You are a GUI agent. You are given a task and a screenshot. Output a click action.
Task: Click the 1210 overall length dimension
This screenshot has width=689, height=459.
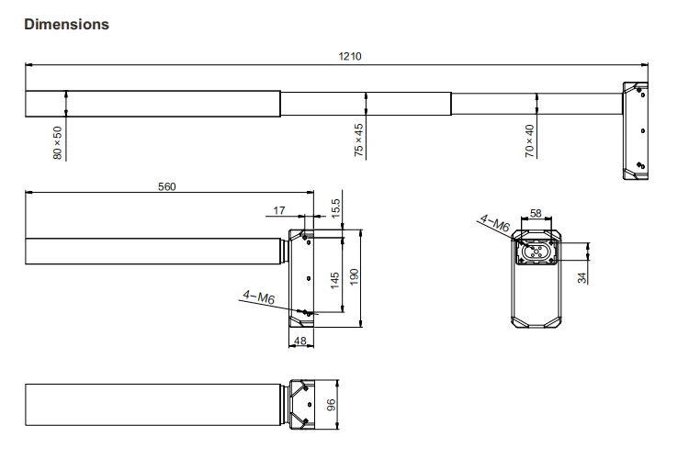pos(350,57)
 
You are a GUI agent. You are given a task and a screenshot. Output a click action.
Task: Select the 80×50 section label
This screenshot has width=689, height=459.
pos(59,143)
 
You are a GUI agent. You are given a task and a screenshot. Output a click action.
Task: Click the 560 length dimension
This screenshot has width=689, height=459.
pos(166,185)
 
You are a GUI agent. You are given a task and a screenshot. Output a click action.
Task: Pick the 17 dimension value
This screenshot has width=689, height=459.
pos(279,210)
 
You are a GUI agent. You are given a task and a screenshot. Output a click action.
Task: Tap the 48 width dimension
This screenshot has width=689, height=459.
pos(301,341)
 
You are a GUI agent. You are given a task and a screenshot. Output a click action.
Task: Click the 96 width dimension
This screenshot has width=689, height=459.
pos(334,405)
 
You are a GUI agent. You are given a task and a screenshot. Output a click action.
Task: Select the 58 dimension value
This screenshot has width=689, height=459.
pos(537,213)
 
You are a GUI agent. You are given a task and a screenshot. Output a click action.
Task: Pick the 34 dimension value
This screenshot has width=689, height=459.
pos(582,277)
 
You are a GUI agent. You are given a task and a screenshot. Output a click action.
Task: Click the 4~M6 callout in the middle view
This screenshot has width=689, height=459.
pos(258,296)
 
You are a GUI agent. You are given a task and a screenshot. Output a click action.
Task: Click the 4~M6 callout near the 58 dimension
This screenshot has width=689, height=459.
pos(493,222)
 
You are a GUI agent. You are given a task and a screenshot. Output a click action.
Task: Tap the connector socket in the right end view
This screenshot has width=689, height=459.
pos(537,252)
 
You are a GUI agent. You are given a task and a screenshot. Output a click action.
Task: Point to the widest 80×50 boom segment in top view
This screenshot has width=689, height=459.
pos(152,104)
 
